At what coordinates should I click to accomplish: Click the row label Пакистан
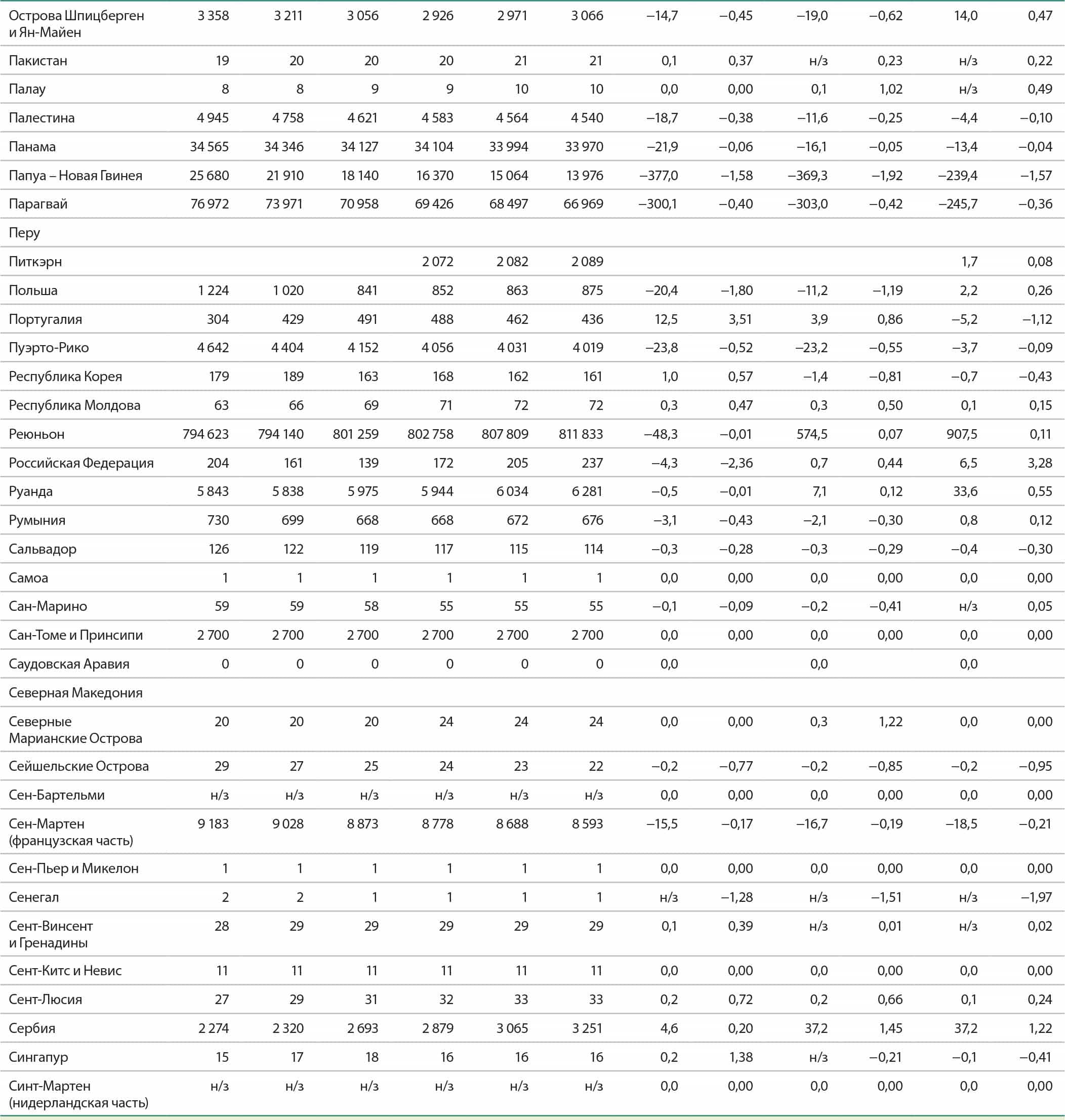click(x=38, y=61)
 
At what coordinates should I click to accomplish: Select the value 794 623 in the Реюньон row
click(x=206, y=434)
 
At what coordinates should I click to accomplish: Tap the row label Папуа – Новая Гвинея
click(x=75, y=176)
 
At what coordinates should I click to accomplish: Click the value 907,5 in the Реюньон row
click(x=961, y=434)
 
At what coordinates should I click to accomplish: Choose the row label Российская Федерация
click(x=81, y=463)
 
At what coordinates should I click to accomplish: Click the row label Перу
click(x=24, y=233)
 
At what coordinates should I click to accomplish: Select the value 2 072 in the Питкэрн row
click(x=437, y=262)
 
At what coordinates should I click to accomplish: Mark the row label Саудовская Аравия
click(x=69, y=663)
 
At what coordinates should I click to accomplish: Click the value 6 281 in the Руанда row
click(x=587, y=491)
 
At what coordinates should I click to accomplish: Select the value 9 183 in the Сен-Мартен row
click(x=213, y=824)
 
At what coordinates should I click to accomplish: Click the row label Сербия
click(x=32, y=1028)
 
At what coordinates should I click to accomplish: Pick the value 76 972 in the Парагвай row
click(x=210, y=204)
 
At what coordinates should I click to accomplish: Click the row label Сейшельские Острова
click(x=79, y=766)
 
